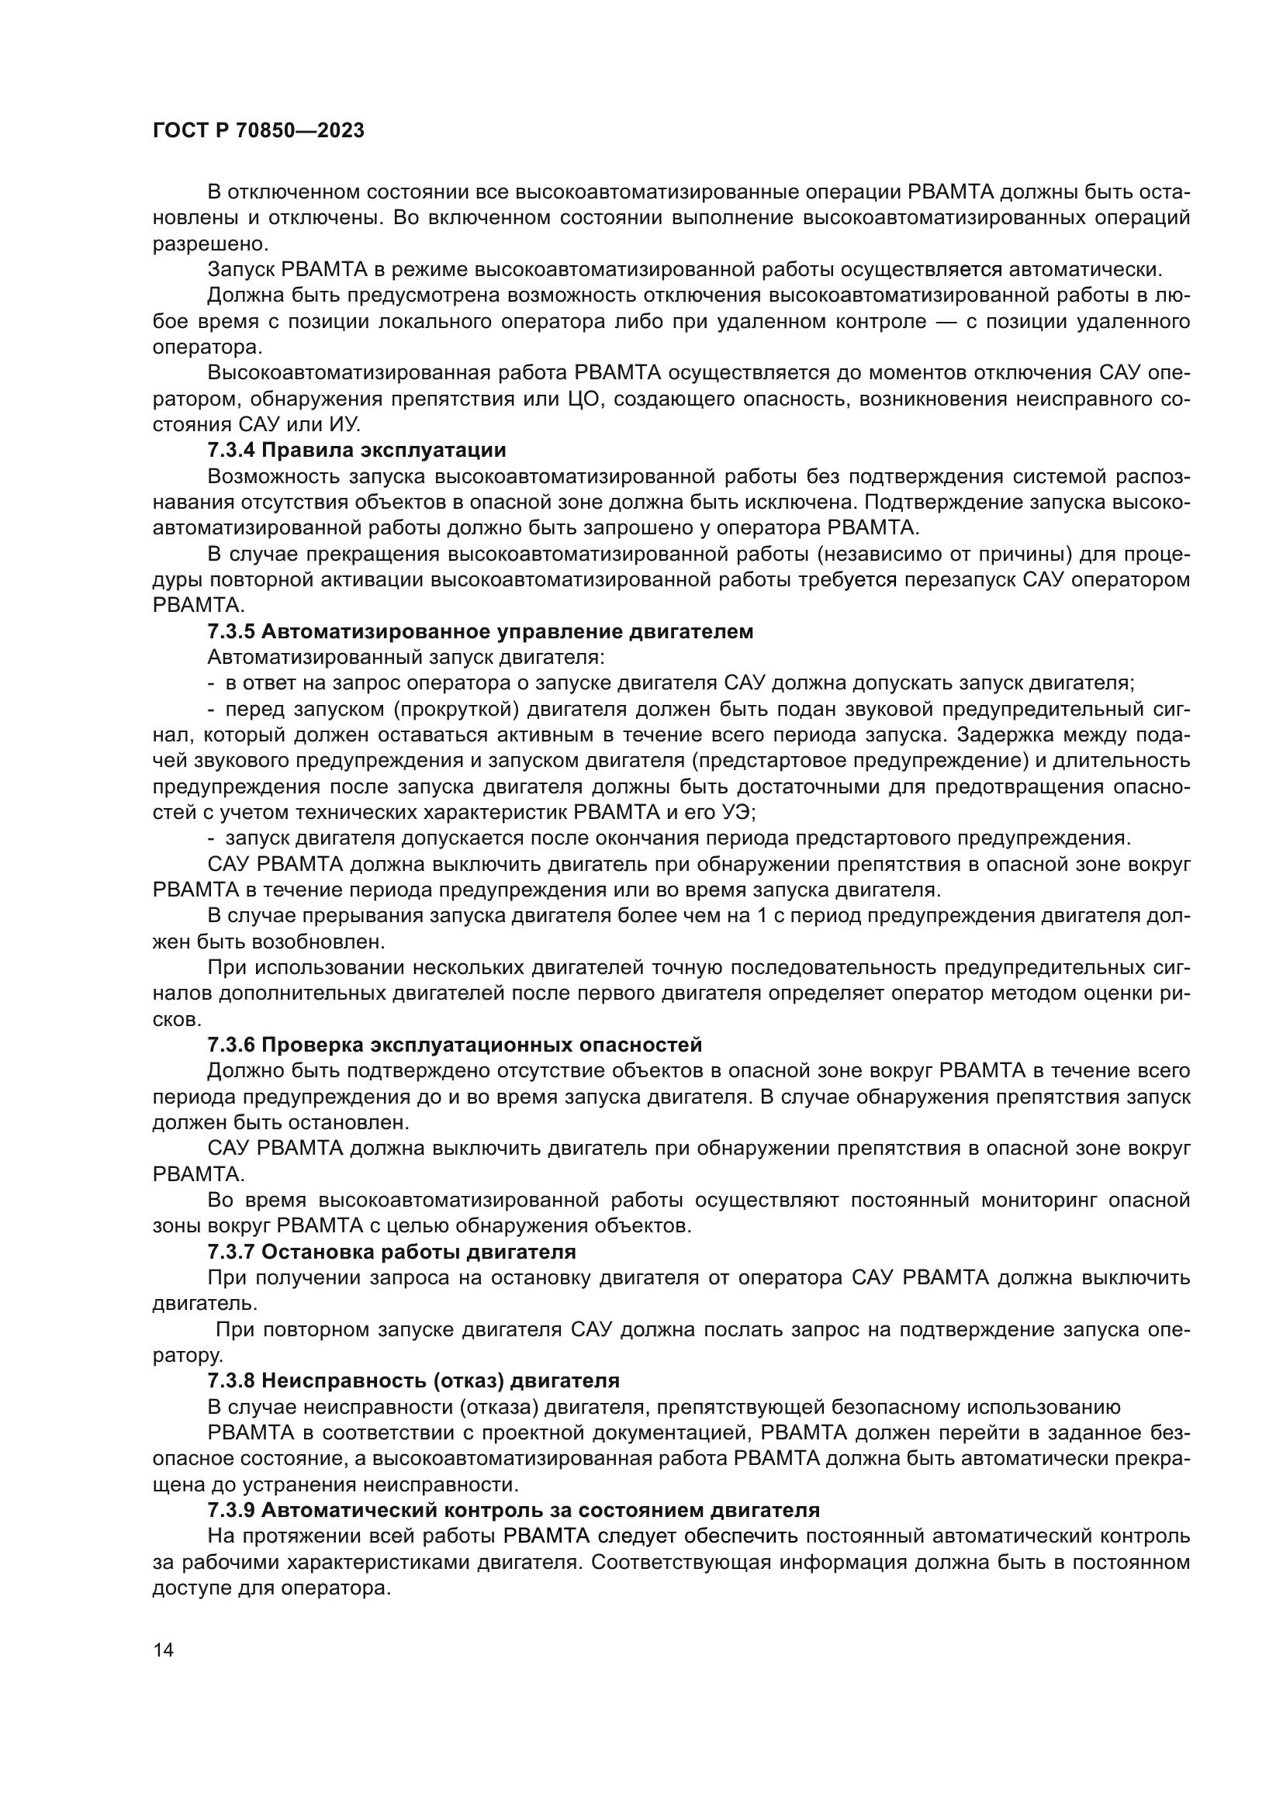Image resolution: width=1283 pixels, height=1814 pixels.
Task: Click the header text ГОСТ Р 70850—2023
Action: coord(258,131)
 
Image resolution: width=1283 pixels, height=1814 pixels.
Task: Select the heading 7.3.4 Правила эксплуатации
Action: coord(356,451)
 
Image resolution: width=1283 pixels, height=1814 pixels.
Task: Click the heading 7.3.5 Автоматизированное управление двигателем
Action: coord(480,631)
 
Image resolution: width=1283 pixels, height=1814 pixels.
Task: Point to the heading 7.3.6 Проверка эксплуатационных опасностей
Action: coord(455,1045)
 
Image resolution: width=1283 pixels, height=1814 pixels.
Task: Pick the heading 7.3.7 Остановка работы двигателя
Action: coord(391,1252)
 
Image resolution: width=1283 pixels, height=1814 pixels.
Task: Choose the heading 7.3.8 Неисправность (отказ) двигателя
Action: coord(413,1380)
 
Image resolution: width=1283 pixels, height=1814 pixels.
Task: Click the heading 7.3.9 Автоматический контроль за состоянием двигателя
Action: coord(514,1510)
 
